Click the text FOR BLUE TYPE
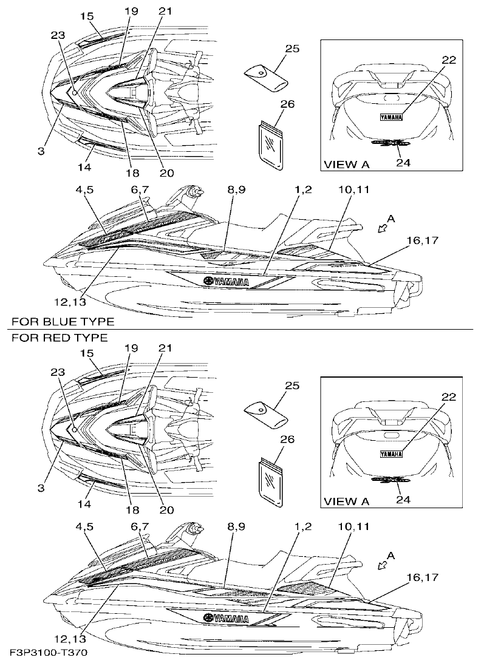(x=62, y=321)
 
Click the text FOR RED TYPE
(x=60, y=337)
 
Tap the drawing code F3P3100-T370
(x=49, y=653)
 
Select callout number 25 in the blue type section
(x=292, y=49)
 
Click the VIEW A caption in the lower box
(x=346, y=501)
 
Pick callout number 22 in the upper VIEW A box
(x=449, y=59)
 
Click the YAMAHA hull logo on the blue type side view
(x=226, y=282)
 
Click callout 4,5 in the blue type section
(x=84, y=190)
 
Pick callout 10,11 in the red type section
(x=354, y=526)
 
